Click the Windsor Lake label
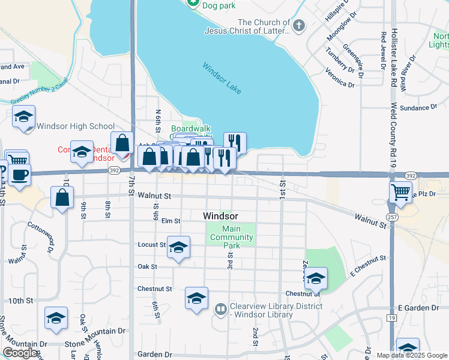tap(221, 79)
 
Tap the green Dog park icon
tap(193, 4)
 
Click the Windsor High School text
tap(76, 126)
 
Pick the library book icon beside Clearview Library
tap(220, 310)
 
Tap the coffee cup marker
tap(20, 175)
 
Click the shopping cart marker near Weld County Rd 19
tap(401, 192)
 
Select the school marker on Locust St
tap(178, 247)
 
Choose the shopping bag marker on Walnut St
tap(62, 197)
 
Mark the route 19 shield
tap(392, 317)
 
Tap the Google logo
tap(20, 353)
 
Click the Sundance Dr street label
tap(418, 107)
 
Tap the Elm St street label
tap(170, 221)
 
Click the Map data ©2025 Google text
tap(412, 355)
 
